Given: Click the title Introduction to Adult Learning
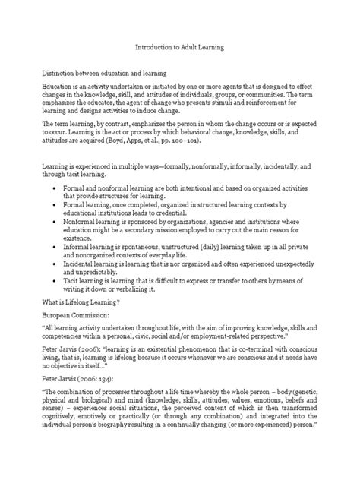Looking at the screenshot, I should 180,47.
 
